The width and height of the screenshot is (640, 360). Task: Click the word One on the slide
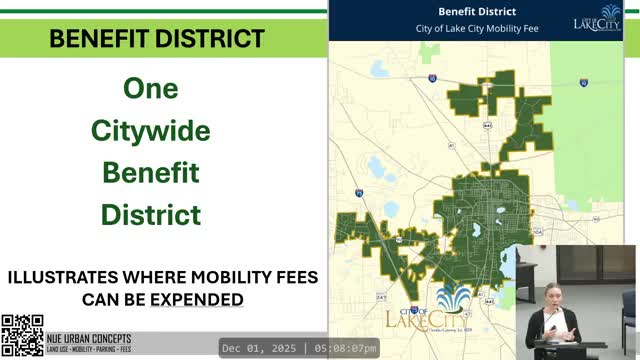(150, 88)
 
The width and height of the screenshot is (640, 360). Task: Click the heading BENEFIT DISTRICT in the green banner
(157, 39)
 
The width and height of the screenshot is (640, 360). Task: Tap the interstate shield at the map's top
(432, 78)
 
